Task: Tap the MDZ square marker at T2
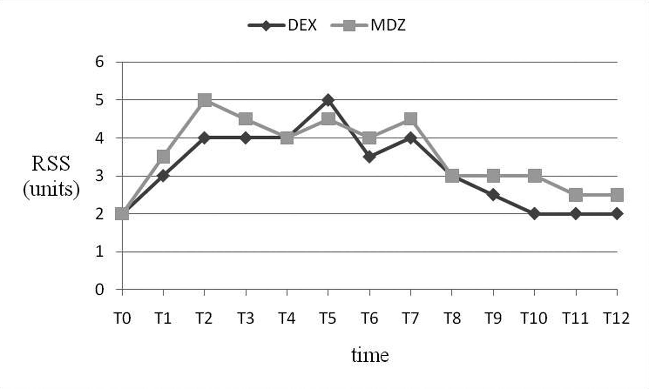pos(205,101)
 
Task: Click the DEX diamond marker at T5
pos(328,100)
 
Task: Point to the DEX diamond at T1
pos(163,176)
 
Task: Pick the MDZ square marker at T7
pos(411,119)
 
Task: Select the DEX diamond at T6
pos(369,157)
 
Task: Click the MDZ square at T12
pos(617,195)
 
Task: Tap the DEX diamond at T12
pos(617,214)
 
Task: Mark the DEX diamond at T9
pos(493,195)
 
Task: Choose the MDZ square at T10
pos(535,176)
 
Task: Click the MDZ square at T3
pos(246,119)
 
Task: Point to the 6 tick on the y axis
pos(99,62)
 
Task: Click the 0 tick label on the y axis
pos(99,290)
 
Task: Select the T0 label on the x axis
pos(122,319)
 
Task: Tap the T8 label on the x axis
pos(452,319)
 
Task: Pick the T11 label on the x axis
pos(576,319)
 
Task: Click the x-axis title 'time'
pos(370,355)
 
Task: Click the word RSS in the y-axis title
pos(51,164)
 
